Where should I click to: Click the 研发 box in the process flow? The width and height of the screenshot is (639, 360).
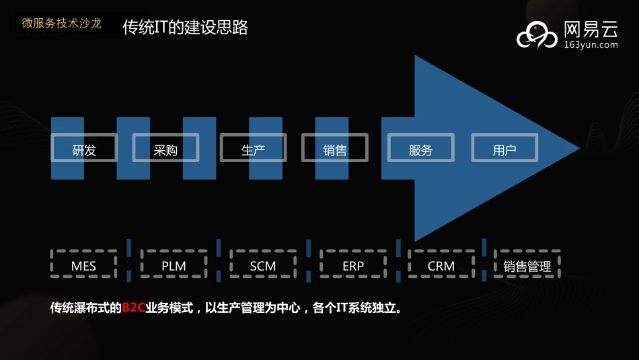(x=84, y=148)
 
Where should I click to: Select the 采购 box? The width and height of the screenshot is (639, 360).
(x=165, y=148)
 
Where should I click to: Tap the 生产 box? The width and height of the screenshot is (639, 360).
(x=253, y=148)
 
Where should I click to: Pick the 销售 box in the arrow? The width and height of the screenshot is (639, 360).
(x=335, y=148)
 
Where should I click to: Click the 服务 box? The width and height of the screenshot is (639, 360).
(x=421, y=148)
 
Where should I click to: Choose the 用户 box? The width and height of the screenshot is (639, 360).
(x=504, y=148)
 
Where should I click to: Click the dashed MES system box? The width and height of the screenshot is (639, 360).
(x=84, y=264)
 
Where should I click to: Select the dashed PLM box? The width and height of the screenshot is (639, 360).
(x=174, y=264)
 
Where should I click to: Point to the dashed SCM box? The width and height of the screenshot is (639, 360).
(x=263, y=264)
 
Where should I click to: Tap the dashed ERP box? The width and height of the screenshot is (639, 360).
(x=353, y=264)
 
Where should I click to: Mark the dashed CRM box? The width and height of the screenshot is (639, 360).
(x=441, y=264)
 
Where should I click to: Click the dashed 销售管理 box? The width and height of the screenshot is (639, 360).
(x=527, y=264)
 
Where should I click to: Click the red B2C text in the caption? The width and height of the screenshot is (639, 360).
(x=133, y=308)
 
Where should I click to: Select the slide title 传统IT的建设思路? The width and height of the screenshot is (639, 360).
(x=186, y=28)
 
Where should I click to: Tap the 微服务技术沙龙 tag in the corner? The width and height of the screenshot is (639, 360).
(x=61, y=24)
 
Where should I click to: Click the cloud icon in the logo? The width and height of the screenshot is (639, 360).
(x=537, y=35)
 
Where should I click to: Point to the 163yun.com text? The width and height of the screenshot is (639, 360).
(x=589, y=45)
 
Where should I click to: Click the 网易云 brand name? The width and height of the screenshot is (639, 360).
(x=589, y=29)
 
